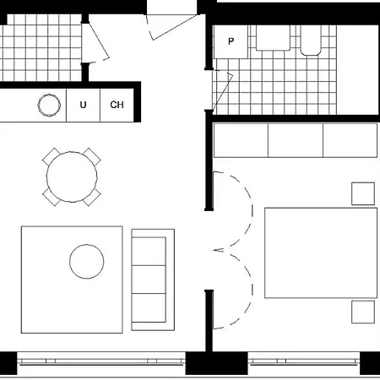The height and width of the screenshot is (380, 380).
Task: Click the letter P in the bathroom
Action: tap(231, 41)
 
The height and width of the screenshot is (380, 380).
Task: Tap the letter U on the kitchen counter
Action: tap(83, 105)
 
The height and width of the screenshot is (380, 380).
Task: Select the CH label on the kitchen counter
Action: tap(117, 105)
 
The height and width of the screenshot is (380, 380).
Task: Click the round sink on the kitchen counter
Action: tap(49, 105)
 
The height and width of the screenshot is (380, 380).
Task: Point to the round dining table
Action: tap(72, 176)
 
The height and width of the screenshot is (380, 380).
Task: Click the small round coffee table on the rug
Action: tap(87, 262)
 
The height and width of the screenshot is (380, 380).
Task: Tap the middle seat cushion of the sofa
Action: tap(149, 280)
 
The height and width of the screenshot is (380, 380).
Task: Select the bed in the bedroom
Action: tap(321, 252)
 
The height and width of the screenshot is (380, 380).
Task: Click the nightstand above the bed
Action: tap(363, 193)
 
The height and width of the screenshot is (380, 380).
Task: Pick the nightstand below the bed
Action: tap(363, 312)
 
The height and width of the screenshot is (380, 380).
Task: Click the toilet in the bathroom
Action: tap(311, 40)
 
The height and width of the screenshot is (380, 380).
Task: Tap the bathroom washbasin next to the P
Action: tap(273, 38)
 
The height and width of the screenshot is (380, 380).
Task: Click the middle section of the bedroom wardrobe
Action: tap(296, 140)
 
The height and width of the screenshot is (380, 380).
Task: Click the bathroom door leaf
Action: tap(223, 91)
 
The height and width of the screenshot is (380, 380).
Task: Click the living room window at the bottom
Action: tap(101, 361)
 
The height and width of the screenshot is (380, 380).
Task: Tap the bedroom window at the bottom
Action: tap(304, 361)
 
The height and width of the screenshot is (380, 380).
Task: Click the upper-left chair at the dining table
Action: tap(52, 156)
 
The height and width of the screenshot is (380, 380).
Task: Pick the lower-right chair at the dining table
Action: tap(92, 198)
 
